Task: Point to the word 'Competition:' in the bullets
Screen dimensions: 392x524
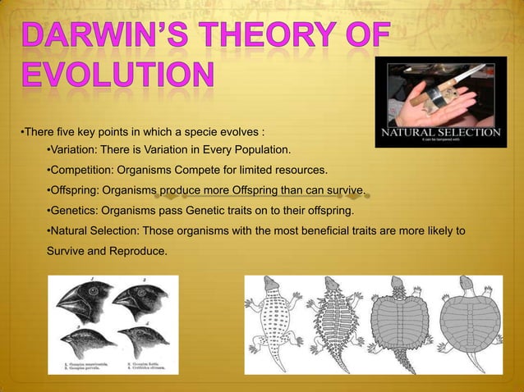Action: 82,171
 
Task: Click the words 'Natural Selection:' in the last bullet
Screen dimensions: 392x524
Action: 94,231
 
